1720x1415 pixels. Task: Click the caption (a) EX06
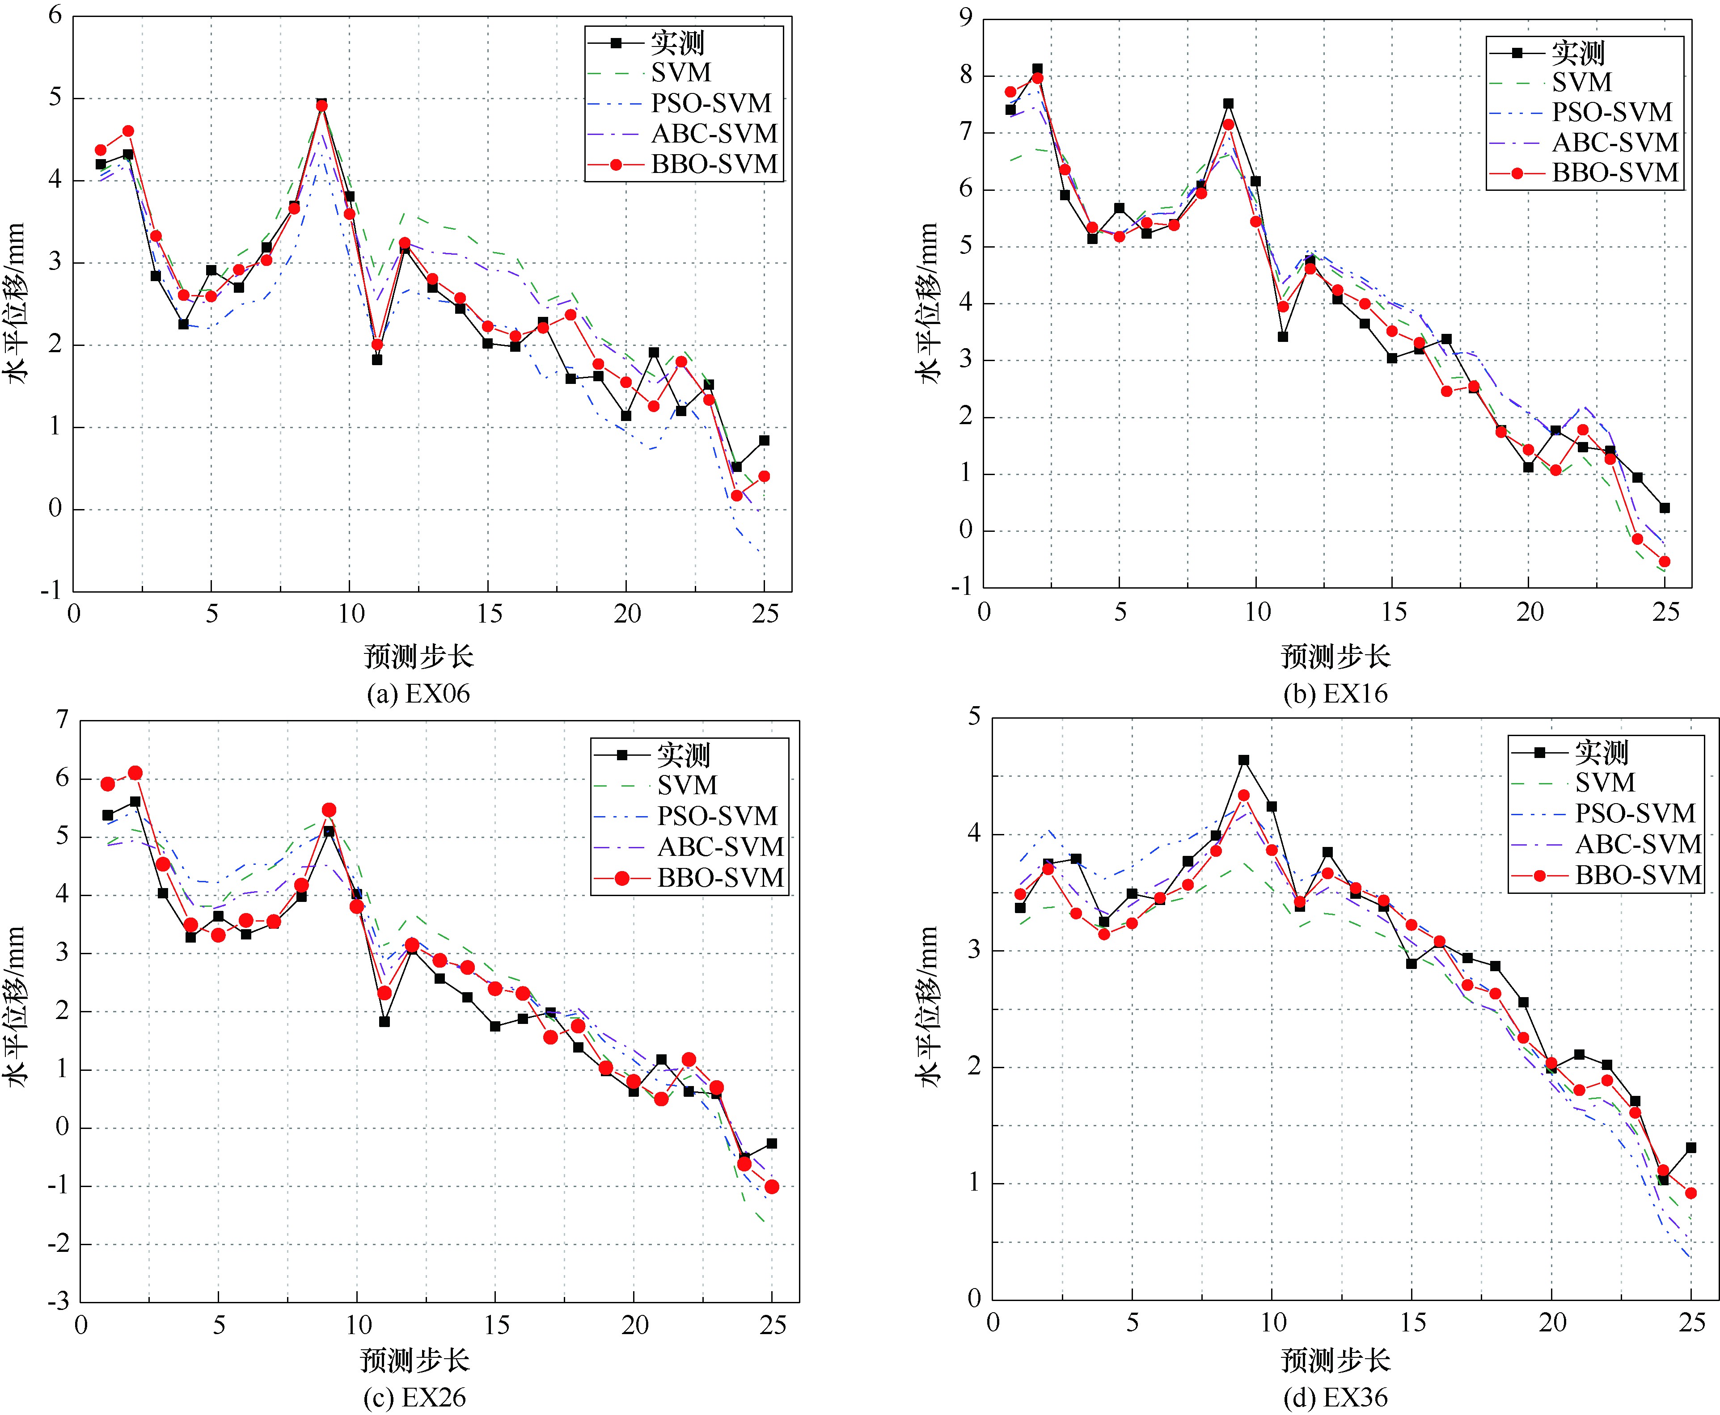coord(418,694)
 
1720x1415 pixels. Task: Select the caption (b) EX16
coord(1335,694)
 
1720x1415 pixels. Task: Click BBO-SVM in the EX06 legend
coord(714,164)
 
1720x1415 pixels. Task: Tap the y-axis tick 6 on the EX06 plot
coord(55,16)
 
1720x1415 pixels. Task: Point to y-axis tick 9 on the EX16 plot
coord(966,18)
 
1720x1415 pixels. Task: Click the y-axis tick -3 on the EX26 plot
coord(59,1302)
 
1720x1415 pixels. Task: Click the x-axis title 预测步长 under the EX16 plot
coord(1335,656)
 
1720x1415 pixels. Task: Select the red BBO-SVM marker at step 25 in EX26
coord(771,1187)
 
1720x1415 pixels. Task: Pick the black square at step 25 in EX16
coord(1665,508)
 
